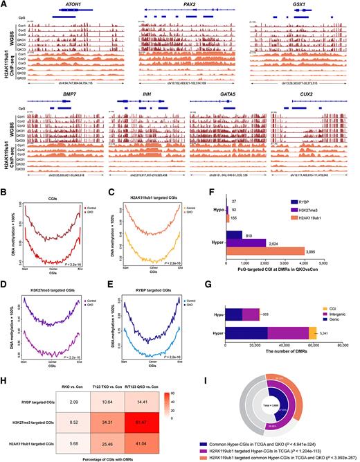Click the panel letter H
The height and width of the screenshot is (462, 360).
tap(6, 360)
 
